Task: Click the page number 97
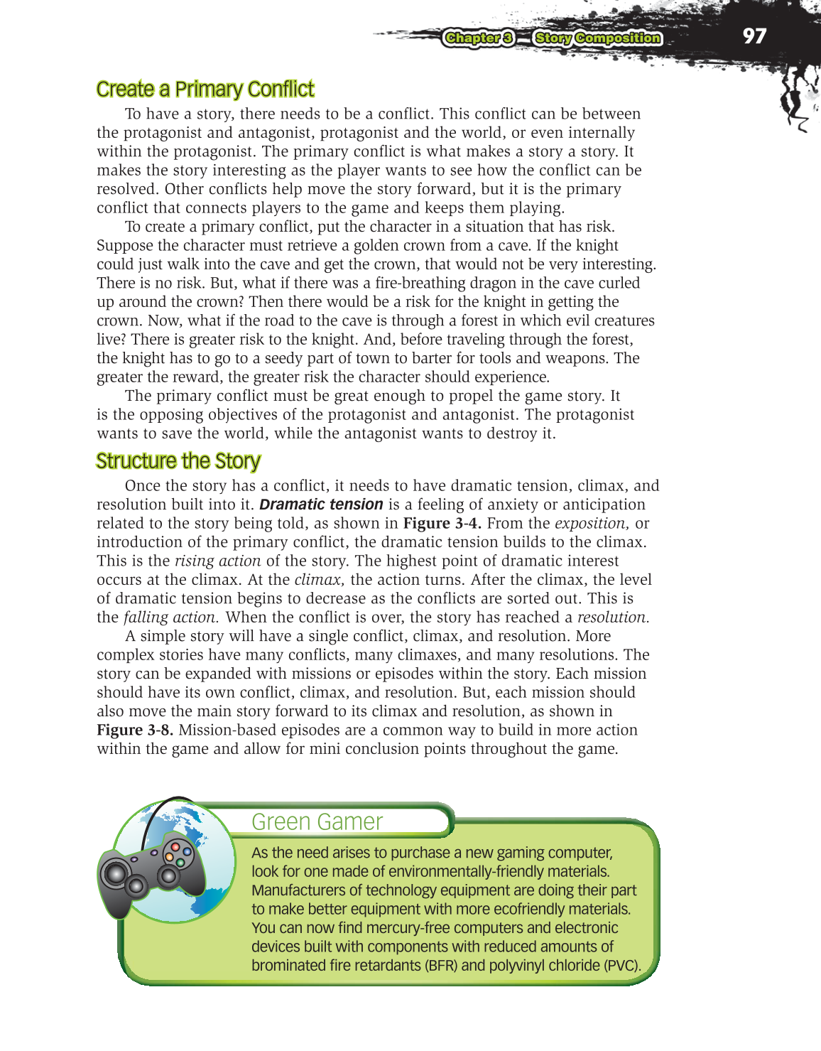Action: tap(754, 36)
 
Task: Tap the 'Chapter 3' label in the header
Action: tap(479, 38)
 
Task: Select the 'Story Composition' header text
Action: tap(598, 38)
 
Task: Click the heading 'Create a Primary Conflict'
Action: tap(205, 90)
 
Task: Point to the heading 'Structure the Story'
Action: tap(178, 461)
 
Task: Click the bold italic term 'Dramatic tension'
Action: tap(321, 505)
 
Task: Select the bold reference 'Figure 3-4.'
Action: tap(442, 524)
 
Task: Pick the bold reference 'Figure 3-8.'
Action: tap(135, 731)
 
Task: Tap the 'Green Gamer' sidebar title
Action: tap(317, 821)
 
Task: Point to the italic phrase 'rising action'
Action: tap(217, 561)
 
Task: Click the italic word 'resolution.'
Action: tap(613, 618)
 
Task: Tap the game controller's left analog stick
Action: tap(114, 873)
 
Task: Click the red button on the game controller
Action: tap(175, 846)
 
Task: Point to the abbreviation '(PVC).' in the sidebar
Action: tap(622, 966)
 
